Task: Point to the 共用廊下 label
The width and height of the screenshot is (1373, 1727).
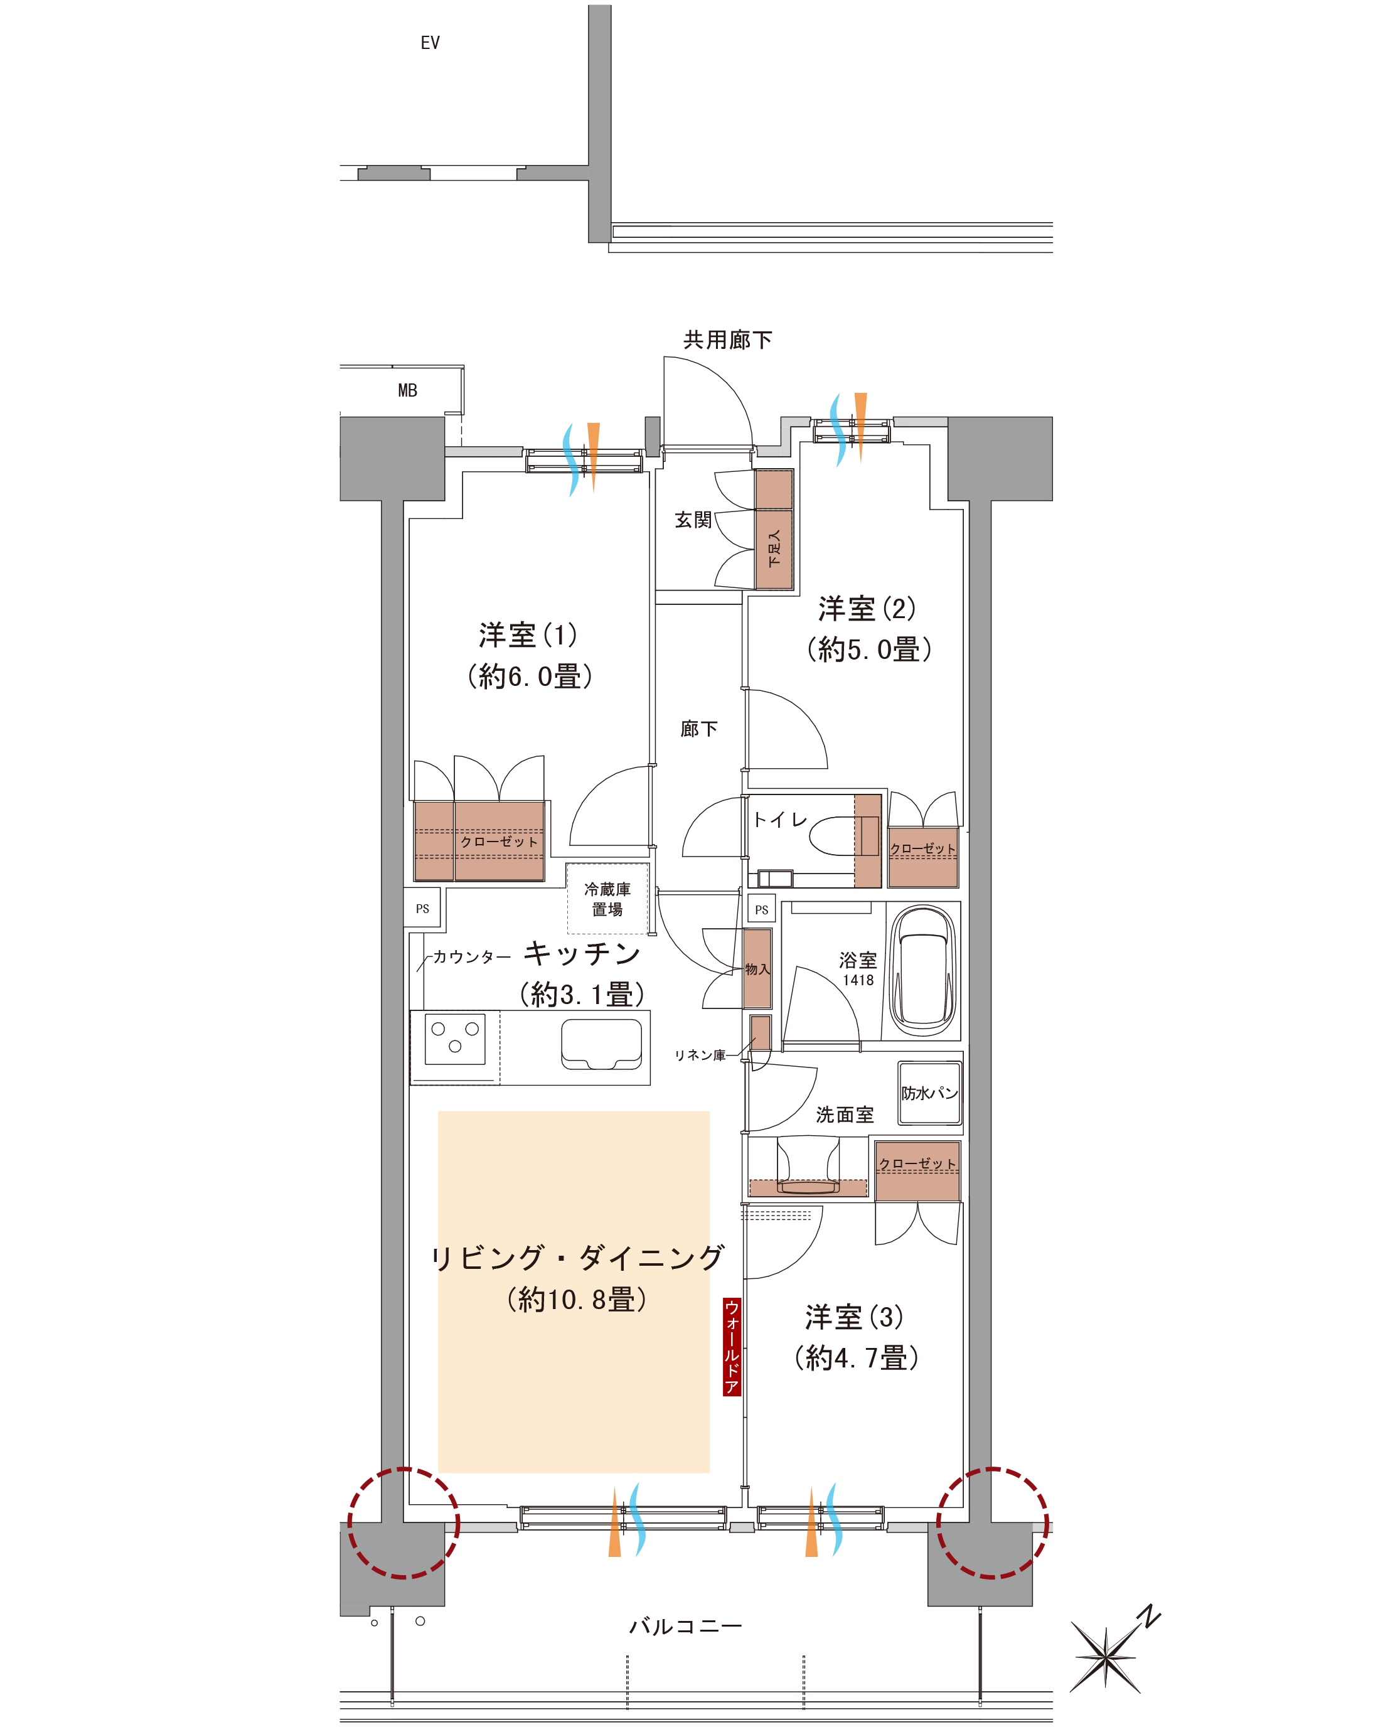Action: [x=727, y=340]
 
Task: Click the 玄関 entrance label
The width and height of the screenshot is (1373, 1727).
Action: [x=693, y=520]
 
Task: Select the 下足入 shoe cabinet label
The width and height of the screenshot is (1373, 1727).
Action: [x=774, y=548]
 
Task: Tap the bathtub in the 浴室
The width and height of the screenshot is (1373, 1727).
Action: [x=924, y=971]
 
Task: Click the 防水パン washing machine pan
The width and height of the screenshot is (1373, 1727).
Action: [x=929, y=1093]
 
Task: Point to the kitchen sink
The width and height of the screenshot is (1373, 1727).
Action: [x=602, y=1044]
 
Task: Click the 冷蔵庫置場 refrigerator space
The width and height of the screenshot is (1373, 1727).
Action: [x=607, y=899]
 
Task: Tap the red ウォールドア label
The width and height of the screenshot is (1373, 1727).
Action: [x=731, y=1347]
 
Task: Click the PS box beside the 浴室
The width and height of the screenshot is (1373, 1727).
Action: [x=761, y=909]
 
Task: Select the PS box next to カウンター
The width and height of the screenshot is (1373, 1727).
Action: [x=422, y=908]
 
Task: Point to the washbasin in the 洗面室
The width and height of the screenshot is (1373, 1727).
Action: [x=808, y=1166]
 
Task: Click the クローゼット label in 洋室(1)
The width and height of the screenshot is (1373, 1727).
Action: [x=498, y=841]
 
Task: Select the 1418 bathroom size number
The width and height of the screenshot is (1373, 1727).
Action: [x=858, y=980]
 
